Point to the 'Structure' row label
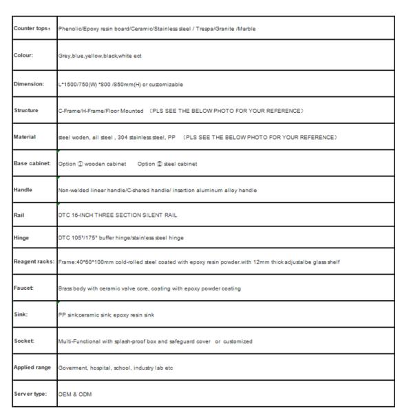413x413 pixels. tap(27, 109)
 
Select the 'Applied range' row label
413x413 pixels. tap(32, 368)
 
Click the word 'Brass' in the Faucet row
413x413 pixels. tap(67, 288)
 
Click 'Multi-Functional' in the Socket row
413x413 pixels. tap(78, 341)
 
